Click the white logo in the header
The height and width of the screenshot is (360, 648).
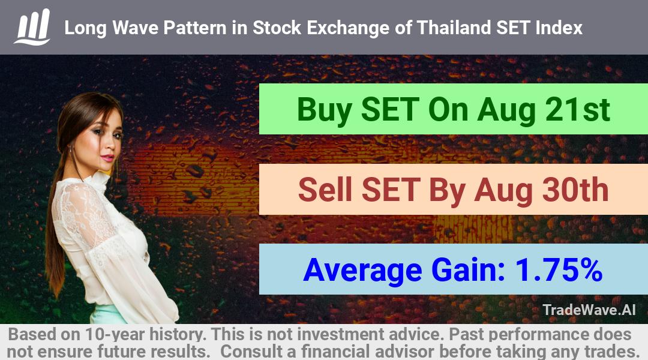(x=32, y=27)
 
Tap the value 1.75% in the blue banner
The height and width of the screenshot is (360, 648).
(x=559, y=270)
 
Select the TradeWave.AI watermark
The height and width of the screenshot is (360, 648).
(x=589, y=310)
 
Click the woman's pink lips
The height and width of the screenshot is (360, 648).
(x=107, y=158)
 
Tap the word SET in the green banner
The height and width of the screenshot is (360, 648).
(x=390, y=110)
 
